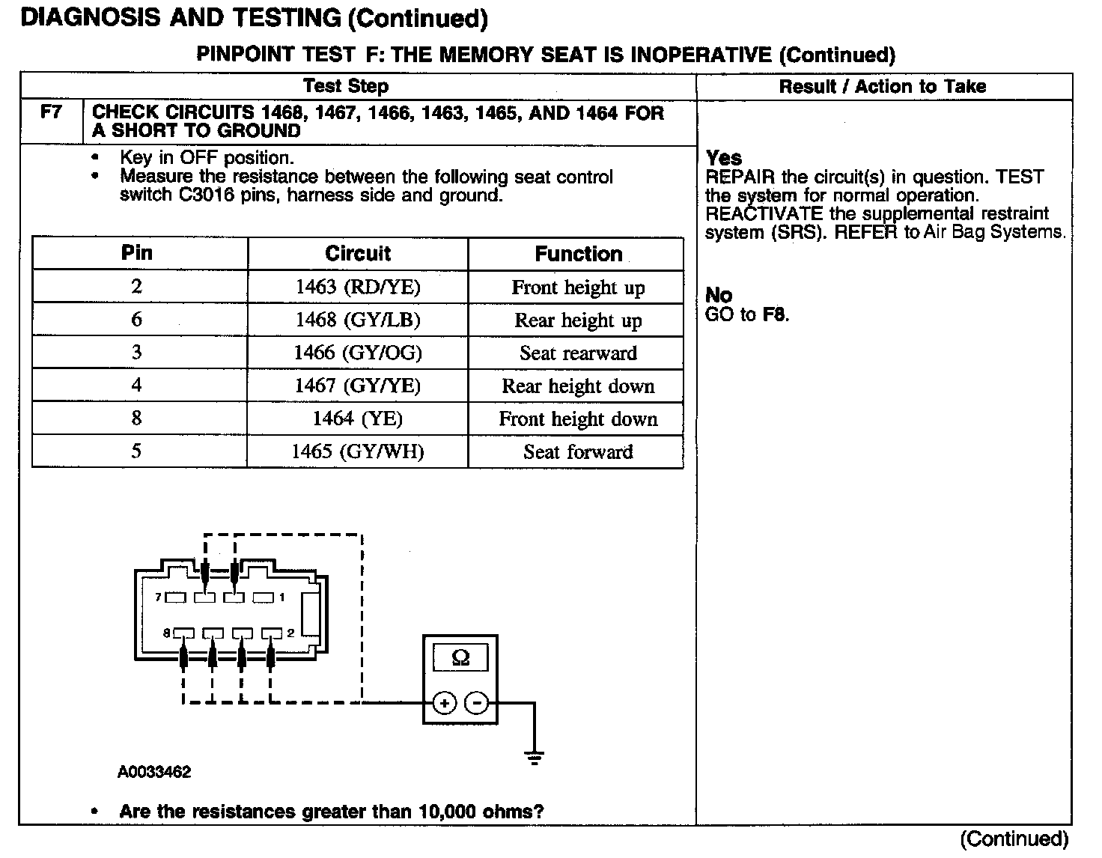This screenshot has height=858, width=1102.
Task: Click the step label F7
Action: click(x=51, y=113)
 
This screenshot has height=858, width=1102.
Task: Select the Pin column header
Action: click(x=137, y=253)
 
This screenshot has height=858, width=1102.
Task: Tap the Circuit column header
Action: click(x=358, y=254)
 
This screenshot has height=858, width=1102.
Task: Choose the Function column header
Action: click(x=578, y=255)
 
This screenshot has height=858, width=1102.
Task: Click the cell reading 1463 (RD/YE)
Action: click(x=358, y=287)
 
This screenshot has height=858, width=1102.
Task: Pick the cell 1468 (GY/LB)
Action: click(x=358, y=320)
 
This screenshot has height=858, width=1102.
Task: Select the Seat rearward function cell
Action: click(x=578, y=353)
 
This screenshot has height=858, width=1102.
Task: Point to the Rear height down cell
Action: click(x=578, y=386)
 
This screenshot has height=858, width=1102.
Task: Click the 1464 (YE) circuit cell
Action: click(x=358, y=419)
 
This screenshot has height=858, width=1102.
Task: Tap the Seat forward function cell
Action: click(x=578, y=452)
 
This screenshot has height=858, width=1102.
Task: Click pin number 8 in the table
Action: click(x=136, y=419)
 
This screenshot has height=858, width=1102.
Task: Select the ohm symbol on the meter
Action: click(x=461, y=659)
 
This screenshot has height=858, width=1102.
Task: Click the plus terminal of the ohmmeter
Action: click(x=445, y=704)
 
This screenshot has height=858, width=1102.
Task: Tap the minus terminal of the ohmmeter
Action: click(x=477, y=704)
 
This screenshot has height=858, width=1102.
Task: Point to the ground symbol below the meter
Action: click(x=534, y=757)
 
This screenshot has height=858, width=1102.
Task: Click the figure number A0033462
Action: click(x=154, y=772)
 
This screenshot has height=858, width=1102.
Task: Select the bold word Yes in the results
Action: click(x=724, y=158)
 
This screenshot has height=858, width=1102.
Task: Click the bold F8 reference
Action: click(x=775, y=315)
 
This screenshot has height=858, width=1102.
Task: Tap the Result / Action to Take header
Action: click(x=883, y=87)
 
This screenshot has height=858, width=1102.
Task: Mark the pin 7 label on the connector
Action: click(x=159, y=597)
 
